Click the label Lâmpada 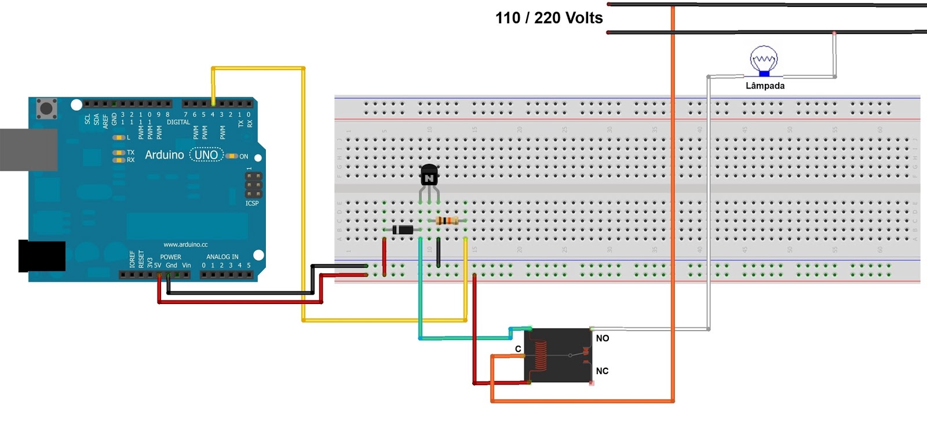pos(765,86)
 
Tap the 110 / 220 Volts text pos(549,18)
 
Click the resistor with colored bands pos(447,221)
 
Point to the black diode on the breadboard pos(403,230)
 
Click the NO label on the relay pos(603,338)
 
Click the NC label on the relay pos(602,371)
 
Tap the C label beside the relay pos(518,349)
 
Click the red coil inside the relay pos(540,355)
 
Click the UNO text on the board pos(206,155)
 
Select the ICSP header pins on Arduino pos(253,185)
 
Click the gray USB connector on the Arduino pos(28,149)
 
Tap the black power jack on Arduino pos(42,255)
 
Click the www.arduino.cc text pos(185,244)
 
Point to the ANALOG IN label pos(222,257)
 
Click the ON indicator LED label pos(243,156)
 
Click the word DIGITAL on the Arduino pos(178,122)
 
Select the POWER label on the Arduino pos(170,257)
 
